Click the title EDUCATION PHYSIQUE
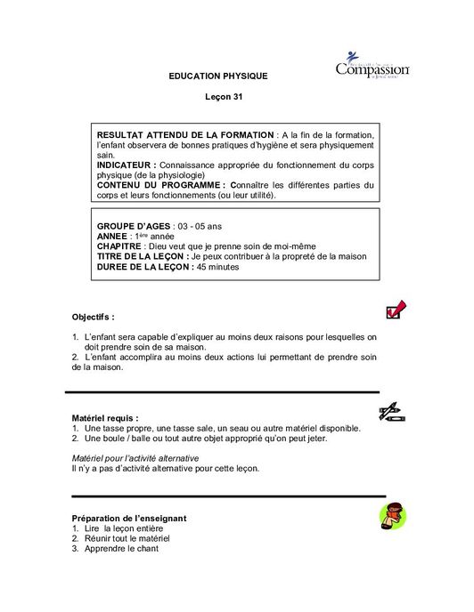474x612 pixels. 218,76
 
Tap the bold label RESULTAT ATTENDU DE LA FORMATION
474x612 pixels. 185,134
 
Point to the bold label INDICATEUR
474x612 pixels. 126,165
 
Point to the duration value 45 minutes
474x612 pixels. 218,266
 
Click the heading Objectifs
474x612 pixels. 93,317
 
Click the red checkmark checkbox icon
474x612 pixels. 396,310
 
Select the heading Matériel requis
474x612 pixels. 104,417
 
